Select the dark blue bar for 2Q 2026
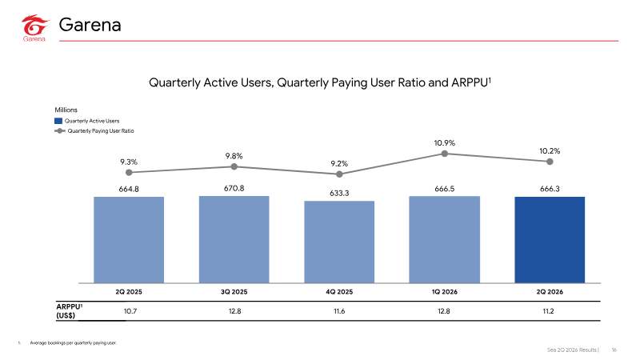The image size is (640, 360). pyautogui.click(x=550, y=239)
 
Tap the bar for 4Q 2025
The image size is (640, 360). pyautogui.click(x=339, y=242)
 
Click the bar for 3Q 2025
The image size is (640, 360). pyautogui.click(x=234, y=239)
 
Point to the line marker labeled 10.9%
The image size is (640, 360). pyautogui.click(x=445, y=154)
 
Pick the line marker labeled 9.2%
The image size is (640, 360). pyautogui.click(x=339, y=174)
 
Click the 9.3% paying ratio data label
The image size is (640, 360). pyautogui.click(x=129, y=162)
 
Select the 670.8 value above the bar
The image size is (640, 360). pyautogui.click(x=234, y=188)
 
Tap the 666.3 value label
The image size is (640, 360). pyautogui.click(x=550, y=189)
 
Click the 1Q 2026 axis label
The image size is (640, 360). pyautogui.click(x=445, y=292)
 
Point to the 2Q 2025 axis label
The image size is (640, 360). pyautogui.click(x=129, y=292)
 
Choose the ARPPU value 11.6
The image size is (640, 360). pyautogui.click(x=339, y=311)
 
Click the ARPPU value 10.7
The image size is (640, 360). pyautogui.click(x=130, y=311)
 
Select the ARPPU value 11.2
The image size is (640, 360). pyautogui.click(x=548, y=311)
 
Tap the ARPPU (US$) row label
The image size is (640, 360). pyautogui.click(x=69, y=311)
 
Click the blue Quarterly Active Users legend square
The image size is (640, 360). pyautogui.click(x=58, y=121)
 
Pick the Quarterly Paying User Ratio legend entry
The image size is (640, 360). pyautogui.click(x=94, y=131)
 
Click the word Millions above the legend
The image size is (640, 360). pyautogui.click(x=66, y=110)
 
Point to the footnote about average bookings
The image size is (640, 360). pyautogui.click(x=73, y=343)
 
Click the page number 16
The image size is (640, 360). pyautogui.click(x=614, y=350)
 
